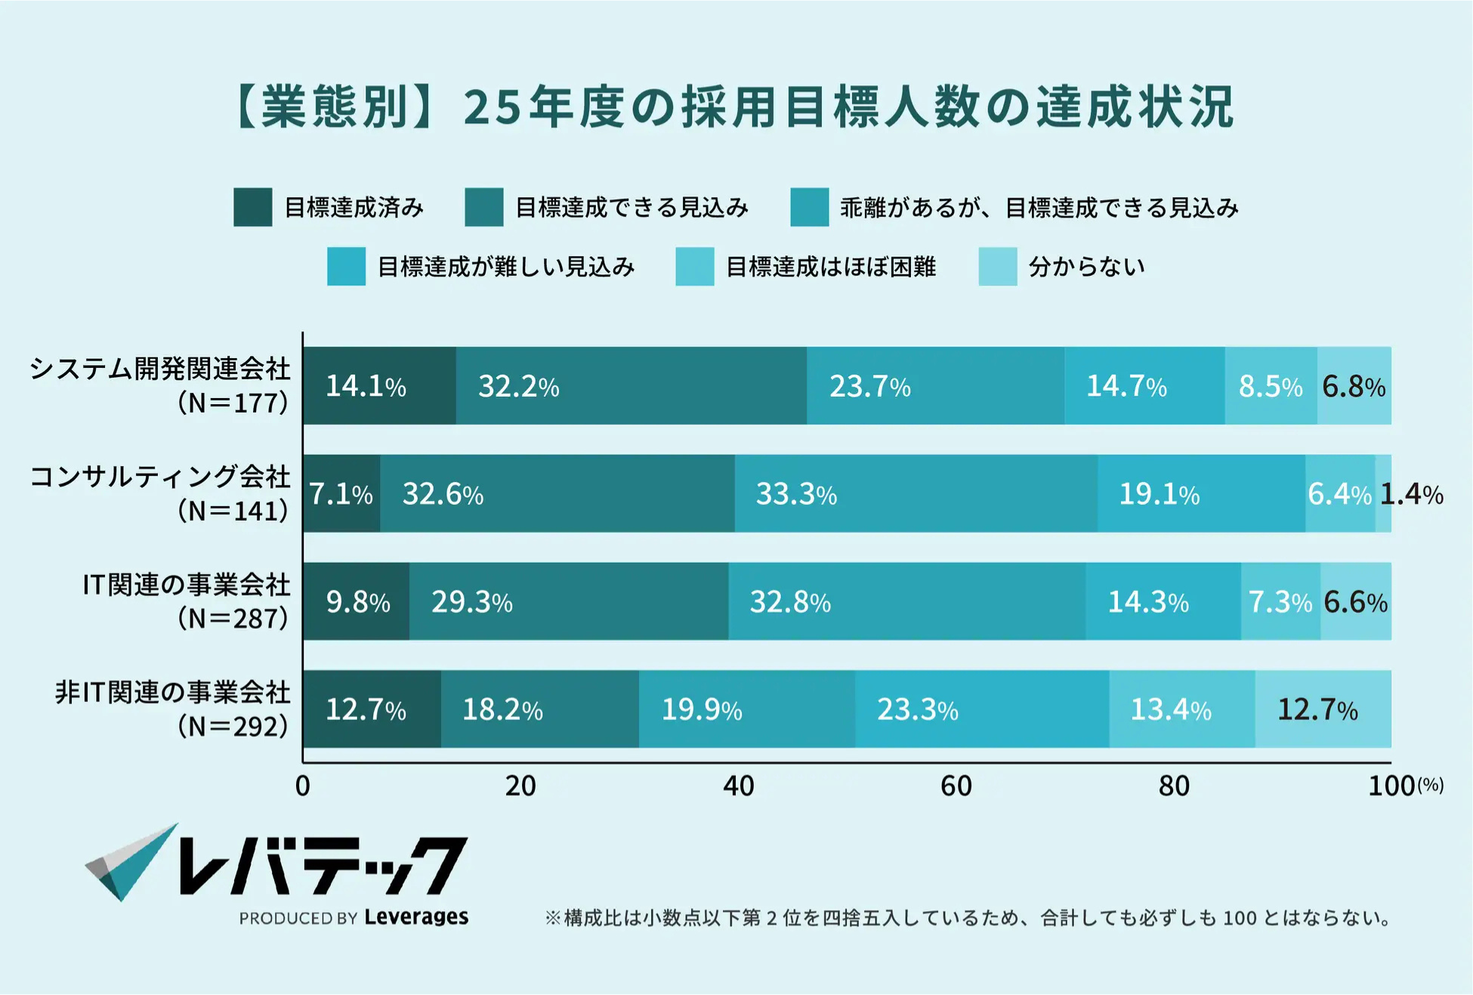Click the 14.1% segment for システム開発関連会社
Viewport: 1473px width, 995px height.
pos(379,386)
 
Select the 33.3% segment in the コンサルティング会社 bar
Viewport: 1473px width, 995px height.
pos(916,493)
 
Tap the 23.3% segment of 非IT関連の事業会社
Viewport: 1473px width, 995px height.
pos(982,709)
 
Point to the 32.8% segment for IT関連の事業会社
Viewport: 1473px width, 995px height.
pos(906,601)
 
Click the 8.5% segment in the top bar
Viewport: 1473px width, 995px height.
pos(1271,386)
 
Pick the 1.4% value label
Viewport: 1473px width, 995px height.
pos(1411,494)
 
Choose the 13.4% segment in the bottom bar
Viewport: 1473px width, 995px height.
pos(1181,709)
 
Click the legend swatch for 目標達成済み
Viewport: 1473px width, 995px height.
pos(252,208)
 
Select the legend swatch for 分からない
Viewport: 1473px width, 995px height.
pos(997,267)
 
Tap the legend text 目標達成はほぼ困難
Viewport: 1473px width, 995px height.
pos(830,267)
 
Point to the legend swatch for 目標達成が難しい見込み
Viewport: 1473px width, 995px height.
pos(346,267)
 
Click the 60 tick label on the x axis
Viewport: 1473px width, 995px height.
pos(956,786)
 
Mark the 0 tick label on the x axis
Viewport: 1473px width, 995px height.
pos(303,786)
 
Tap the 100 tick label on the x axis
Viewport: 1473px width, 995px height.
pos(1391,786)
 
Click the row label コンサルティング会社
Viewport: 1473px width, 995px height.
pos(159,477)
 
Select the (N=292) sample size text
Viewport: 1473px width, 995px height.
pos(233,726)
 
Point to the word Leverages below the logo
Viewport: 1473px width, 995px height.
pos(416,917)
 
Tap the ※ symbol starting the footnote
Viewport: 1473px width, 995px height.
pos(552,919)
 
